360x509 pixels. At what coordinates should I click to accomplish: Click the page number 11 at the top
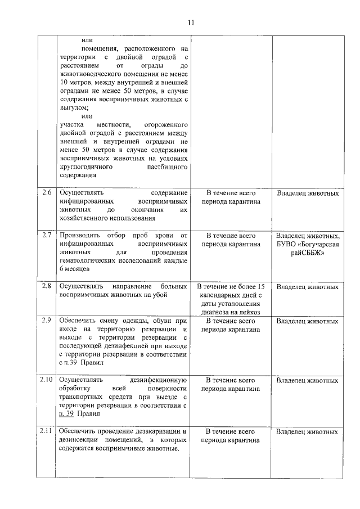coord(191,22)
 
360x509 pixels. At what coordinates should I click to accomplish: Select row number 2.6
coord(47,193)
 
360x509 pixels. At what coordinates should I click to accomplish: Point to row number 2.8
coord(47,286)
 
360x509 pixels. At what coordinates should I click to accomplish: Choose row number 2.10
coord(47,380)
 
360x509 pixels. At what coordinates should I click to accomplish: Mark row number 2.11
coord(47,431)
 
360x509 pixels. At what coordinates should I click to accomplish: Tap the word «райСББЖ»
coord(307,253)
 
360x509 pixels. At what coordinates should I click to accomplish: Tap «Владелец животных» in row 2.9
coord(307,321)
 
